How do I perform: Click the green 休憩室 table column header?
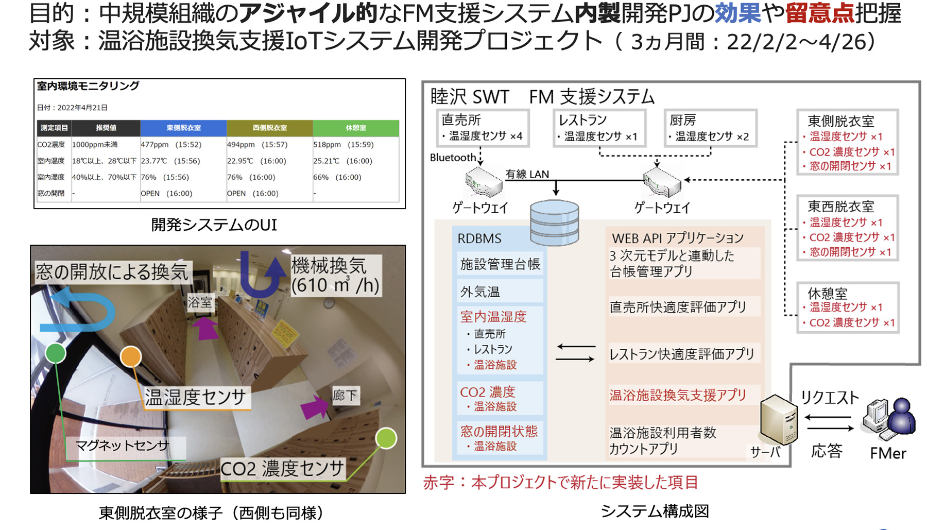tap(355, 128)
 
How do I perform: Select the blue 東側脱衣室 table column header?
tap(183, 128)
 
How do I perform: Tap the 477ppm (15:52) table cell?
tap(171, 145)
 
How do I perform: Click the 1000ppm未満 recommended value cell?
tap(95, 145)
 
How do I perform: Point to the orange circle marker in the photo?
tap(131, 356)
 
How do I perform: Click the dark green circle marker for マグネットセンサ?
tap(56, 353)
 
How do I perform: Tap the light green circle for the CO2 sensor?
tap(386, 438)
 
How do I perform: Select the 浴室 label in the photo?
tap(200, 302)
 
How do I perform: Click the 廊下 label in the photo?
tap(345, 396)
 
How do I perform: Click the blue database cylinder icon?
tap(554, 223)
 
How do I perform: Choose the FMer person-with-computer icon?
tap(889, 419)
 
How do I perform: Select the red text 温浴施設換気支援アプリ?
tap(678, 395)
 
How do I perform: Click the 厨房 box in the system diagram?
tap(710, 128)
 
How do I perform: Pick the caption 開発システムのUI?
tap(214, 225)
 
